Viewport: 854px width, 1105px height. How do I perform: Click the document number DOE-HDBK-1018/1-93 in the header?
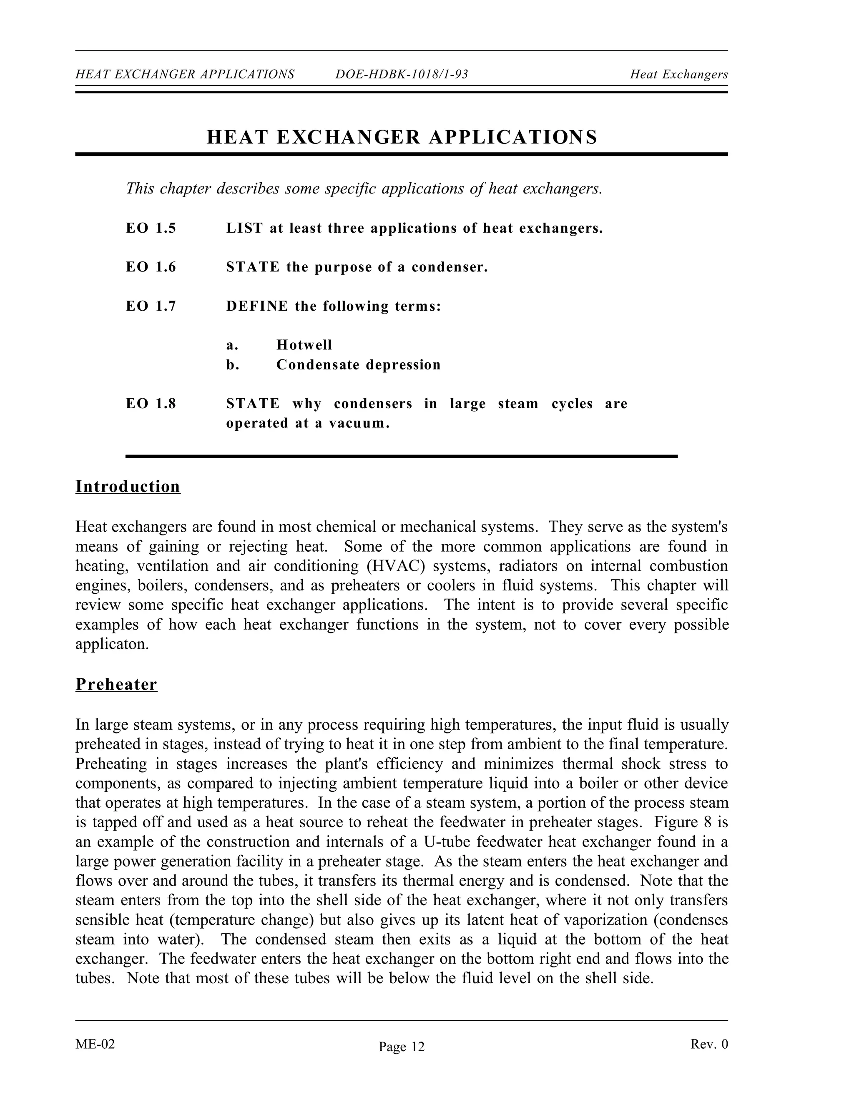point(402,74)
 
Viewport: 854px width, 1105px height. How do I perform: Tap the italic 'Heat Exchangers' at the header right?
point(678,74)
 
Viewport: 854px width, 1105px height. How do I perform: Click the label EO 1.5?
point(151,228)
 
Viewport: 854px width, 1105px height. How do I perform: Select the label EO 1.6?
point(151,267)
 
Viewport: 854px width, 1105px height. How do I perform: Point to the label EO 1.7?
point(151,306)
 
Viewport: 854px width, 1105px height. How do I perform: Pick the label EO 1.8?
point(151,404)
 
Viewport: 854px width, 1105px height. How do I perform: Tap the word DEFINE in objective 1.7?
point(257,306)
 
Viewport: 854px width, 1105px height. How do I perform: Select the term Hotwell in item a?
point(304,345)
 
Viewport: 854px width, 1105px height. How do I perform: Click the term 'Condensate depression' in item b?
point(358,365)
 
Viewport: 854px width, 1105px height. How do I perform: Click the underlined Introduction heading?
point(128,486)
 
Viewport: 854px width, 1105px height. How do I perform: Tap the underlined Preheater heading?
point(116,684)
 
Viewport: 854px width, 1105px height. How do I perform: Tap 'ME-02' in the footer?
point(95,1044)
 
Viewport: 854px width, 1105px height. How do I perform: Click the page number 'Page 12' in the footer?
point(402,1046)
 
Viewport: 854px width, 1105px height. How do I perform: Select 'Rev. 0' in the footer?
point(709,1044)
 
